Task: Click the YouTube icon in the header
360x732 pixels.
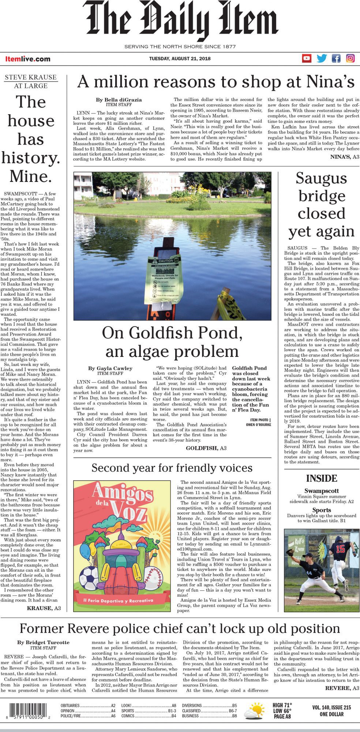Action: click(307, 59)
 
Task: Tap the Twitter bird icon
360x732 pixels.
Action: click(322, 59)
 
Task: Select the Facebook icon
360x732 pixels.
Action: click(336, 59)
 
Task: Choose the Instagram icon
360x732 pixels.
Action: click(350, 59)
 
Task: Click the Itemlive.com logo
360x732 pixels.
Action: click(28, 59)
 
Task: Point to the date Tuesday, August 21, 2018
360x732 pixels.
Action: click(180, 59)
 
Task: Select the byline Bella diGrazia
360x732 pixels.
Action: click(119, 100)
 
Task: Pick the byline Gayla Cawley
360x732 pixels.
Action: click(110, 368)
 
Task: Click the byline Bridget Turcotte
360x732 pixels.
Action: click(43, 642)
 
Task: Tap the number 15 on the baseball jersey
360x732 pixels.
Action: click(340, 549)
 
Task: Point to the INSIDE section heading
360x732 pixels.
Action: click(322, 478)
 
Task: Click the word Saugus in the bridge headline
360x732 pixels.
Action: click(321, 179)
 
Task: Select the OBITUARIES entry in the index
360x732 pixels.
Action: click(70, 705)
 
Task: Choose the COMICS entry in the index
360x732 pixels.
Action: click(128, 716)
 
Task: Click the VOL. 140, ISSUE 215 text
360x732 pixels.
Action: click(331, 707)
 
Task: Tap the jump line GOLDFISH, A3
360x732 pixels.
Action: click(206, 448)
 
